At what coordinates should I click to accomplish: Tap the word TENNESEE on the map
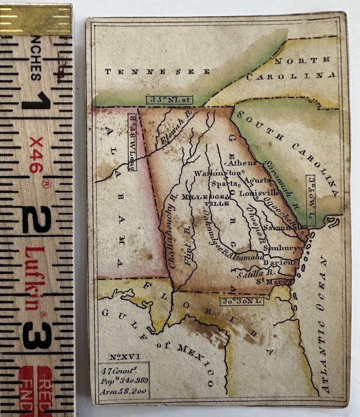[157, 72]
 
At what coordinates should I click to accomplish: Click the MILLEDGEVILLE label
[205, 199]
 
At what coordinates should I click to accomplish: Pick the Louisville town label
[259, 193]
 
